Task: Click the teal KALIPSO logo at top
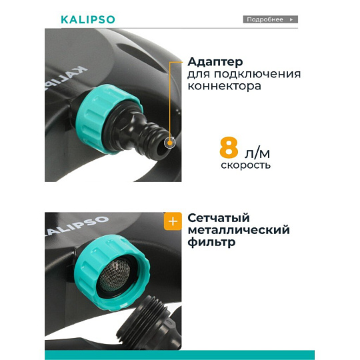pos(88,19)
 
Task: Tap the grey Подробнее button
pos(271,19)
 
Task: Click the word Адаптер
pos(215,62)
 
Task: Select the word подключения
pos(257,75)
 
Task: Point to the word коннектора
pos(224,86)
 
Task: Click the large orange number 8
pos(229,147)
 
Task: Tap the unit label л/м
pos(257,153)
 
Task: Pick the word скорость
pos(245,165)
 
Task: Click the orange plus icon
pos(173,221)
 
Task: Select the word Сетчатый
pos(219,218)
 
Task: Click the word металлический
pos(239,230)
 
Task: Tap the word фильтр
pos(211,242)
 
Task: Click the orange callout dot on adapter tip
pos(170,143)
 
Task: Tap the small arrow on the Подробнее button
pos(291,19)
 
